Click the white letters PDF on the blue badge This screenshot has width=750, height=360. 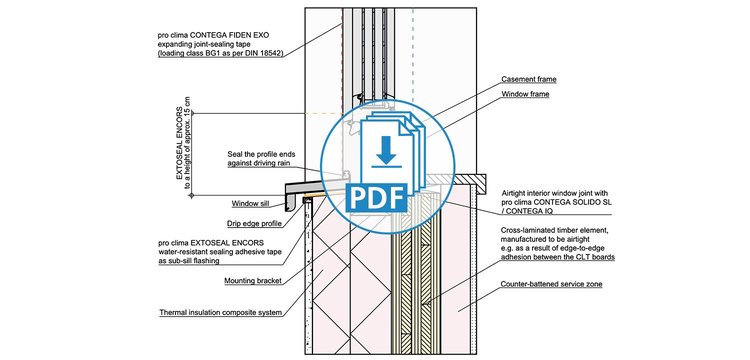click(x=376, y=197)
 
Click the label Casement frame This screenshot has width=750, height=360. click(x=529, y=79)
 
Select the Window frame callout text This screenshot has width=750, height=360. click(x=525, y=95)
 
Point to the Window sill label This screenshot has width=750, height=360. click(x=251, y=204)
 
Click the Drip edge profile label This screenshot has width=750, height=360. click(x=254, y=224)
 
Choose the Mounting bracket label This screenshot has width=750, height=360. click(x=253, y=281)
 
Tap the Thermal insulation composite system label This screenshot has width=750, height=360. click(x=221, y=314)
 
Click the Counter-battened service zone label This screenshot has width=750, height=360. click(x=551, y=284)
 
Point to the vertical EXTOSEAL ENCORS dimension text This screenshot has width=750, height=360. click(x=183, y=144)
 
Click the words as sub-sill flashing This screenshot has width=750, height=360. click(x=188, y=261)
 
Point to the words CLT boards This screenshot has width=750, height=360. click(x=596, y=257)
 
